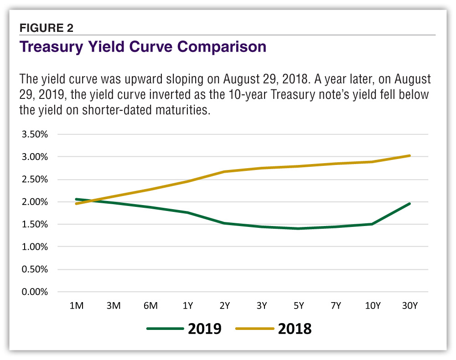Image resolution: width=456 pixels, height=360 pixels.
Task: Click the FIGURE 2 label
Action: coord(46,28)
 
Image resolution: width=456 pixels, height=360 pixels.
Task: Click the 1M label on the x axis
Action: coord(76,306)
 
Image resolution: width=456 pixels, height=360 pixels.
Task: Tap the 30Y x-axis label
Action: coord(409,306)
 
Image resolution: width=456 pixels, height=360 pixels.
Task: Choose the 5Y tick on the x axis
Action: coord(298,306)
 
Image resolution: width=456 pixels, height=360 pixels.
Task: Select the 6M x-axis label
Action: coord(150,306)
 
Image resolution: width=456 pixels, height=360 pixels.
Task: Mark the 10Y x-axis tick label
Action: coord(373,306)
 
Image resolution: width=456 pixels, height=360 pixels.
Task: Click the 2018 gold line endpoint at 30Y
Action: coord(409,156)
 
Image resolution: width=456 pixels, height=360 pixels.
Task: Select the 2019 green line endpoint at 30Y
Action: coord(409,204)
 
